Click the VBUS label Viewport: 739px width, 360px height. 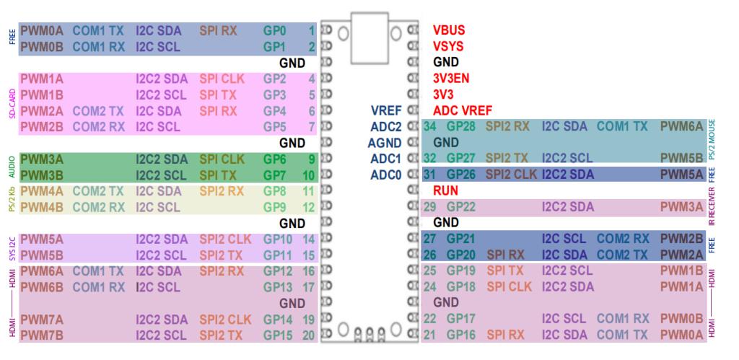[x=448, y=31]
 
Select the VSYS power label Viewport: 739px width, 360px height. [x=448, y=47]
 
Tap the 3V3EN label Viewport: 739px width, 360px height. [x=452, y=79]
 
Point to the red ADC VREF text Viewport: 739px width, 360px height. [x=463, y=110]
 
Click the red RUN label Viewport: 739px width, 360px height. [x=445, y=190]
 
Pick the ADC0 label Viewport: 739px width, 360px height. [x=385, y=174]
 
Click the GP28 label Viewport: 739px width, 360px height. [x=461, y=126]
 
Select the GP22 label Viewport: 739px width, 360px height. [x=461, y=207]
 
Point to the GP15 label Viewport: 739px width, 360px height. [x=278, y=335]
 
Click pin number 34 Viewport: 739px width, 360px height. [x=430, y=126]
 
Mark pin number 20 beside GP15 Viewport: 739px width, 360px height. [x=309, y=335]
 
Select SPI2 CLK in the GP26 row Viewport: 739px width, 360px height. [x=511, y=174]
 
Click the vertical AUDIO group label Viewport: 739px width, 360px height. [x=12, y=167]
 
